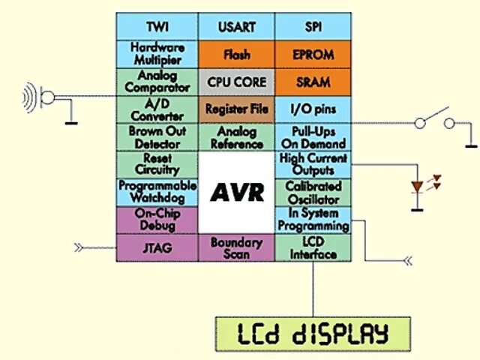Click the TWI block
coord(157,26)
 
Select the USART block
coord(236,26)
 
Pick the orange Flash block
coord(236,54)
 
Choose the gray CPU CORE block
coord(236,82)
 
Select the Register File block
coord(236,109)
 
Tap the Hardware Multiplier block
coord(157,54)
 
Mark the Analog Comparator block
coord(157,82)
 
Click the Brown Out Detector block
coord(157,137)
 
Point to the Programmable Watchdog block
coord(157,191)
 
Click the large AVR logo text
coord(236,193)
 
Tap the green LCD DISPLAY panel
coord(313,332)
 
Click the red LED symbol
coord(418,186)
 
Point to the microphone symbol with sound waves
coord(37,96)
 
